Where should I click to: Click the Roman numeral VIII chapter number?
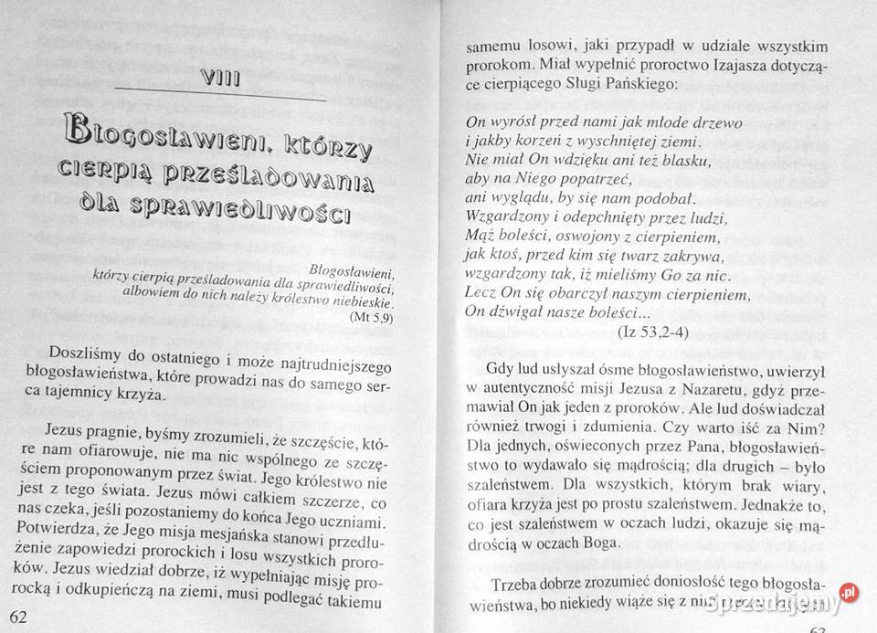[x=218, y=79]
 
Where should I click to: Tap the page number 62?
[x=18, y=617]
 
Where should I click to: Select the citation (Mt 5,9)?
[x=370, y=317]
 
